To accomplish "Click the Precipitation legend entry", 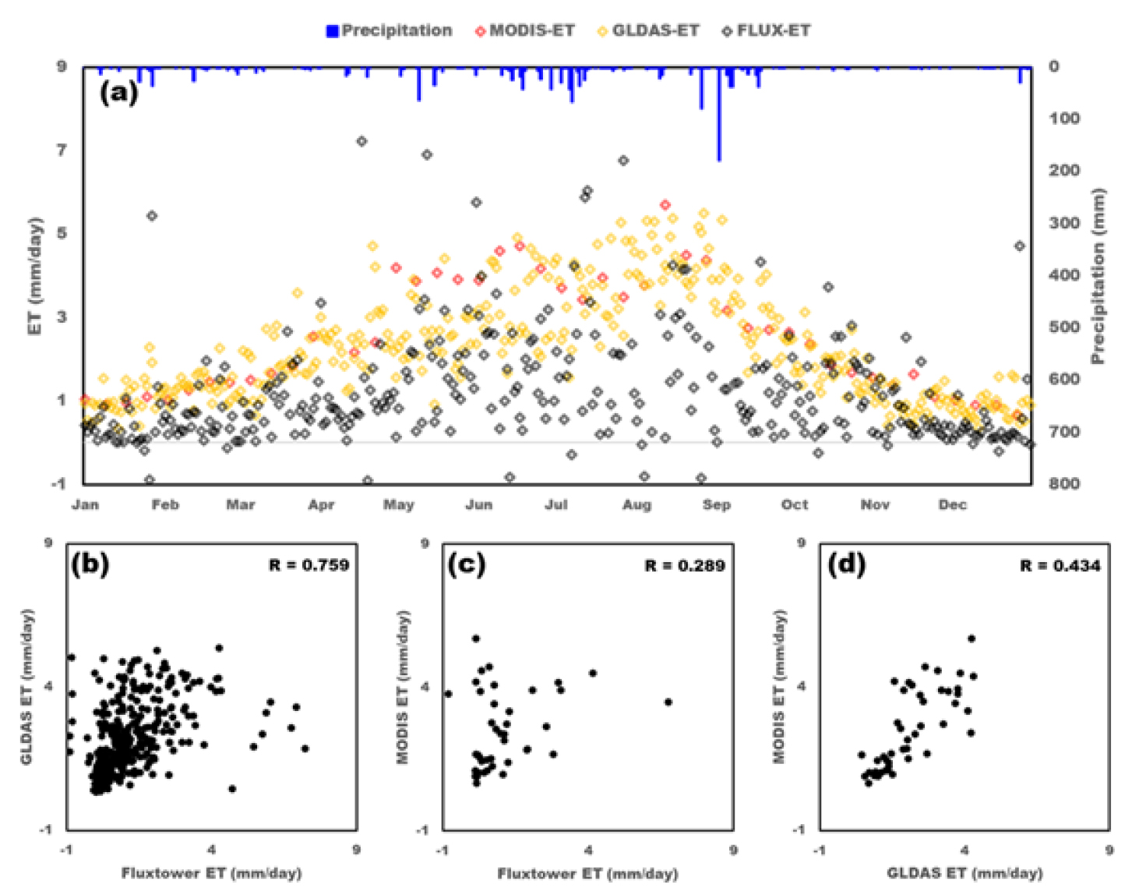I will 389,31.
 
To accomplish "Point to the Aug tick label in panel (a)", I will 636,505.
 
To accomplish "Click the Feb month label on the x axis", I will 165,505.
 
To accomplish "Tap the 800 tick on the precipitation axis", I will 1063,483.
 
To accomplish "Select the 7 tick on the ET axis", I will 62,150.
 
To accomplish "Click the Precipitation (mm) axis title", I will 1098,276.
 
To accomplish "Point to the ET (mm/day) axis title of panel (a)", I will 35,276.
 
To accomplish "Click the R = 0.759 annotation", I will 309,565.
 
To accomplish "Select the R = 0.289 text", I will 685,565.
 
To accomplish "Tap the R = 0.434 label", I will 1060,565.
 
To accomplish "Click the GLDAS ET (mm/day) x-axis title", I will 964,873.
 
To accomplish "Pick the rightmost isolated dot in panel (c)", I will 668,702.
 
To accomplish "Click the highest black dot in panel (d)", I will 972,639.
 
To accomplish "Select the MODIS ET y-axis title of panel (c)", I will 403,686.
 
